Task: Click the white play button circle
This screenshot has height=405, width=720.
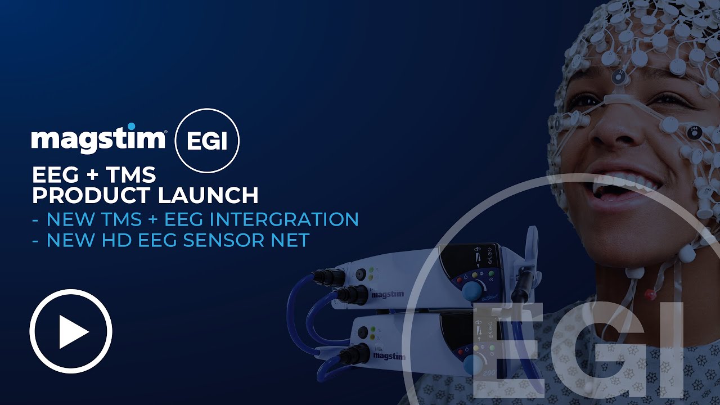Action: coord(71,331)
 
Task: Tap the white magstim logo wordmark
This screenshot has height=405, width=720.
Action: coord(98,138)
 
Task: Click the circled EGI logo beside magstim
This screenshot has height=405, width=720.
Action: coord(207,141)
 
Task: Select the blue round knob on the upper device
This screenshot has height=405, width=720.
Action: coord(471,290)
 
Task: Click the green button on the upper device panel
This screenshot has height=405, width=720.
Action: coord(491,274)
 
